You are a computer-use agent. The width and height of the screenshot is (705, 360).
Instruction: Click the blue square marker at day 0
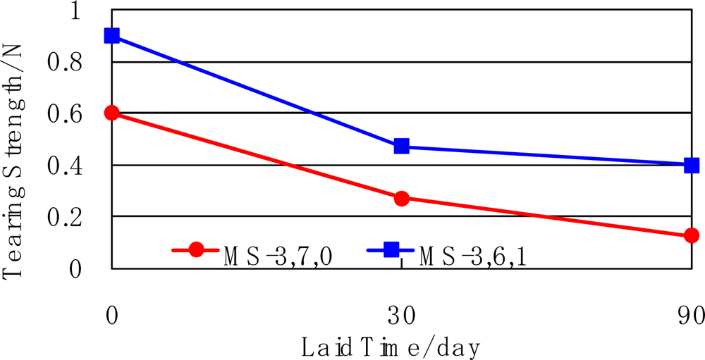pyautogui.click(x=111, y=36)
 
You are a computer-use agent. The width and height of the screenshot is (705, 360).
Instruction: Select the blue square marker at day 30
pyautogui.click(x=402, y=147)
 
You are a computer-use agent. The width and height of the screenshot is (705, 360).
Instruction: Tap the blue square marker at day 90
pyautogui.click(x=692, y=166)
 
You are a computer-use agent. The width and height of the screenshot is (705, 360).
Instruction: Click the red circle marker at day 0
pyautogui.click(x=111, y=113)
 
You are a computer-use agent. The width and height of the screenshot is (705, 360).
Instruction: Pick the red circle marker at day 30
pyautogui.click(x=402, y=199)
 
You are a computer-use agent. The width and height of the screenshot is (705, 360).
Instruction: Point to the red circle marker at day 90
pyautogui.click(x=692, y=235)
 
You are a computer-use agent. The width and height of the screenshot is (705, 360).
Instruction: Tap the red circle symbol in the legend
pyautogui.click(x=197, y=249)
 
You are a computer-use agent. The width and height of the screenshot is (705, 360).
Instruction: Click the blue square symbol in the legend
pyautogui.click(x=391, y=249)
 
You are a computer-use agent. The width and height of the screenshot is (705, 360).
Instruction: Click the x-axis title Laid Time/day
pyautogui.click(x=391, y=347)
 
